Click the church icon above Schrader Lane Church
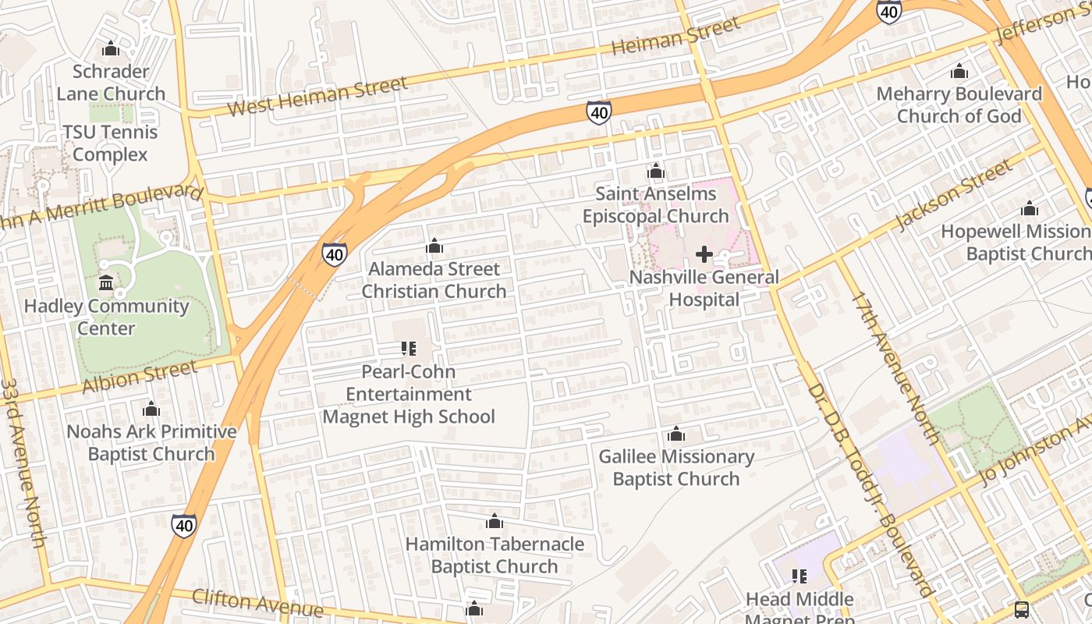(111, 49)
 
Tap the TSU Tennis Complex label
(110, 144)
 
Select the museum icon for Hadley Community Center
(106, 282)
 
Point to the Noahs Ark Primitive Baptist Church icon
(151, 409)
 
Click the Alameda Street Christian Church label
(434, 280)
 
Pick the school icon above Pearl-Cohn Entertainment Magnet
(409, 349)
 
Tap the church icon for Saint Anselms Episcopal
(655, 171)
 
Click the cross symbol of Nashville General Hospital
(704, 254)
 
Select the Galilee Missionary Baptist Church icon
(676, 434)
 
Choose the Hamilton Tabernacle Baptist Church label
(495, 555)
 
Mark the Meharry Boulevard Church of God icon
(959, 72)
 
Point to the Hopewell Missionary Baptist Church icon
(1030, 209)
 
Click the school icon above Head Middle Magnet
(799, 576)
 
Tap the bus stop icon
(1021, 609)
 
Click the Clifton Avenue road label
(257, 601)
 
